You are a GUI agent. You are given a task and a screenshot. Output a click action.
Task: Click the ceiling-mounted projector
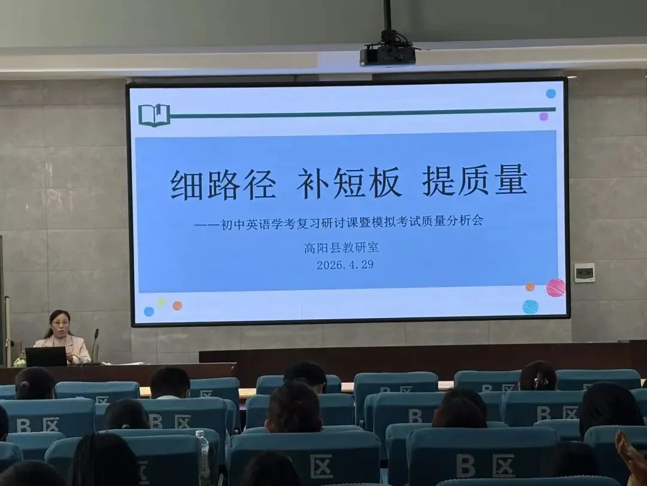[x=388, y=55]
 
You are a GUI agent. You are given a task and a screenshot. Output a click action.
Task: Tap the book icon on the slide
[x=154, y=115]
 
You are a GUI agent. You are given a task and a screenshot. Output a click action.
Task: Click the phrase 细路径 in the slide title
[x=223, y=184]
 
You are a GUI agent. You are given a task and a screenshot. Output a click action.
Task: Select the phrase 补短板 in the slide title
[x=349, y=182]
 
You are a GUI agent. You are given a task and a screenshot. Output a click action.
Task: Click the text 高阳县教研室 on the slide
[x=341, y=247]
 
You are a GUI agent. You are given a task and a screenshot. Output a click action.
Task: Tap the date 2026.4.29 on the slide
[x=345, y=265]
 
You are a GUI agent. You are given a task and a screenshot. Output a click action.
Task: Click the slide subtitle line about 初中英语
[x=339, y=221]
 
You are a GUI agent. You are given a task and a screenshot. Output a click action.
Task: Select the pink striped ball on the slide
[x=555, y=287]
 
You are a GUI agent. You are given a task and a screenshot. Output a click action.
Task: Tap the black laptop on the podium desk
[x=46, y=356]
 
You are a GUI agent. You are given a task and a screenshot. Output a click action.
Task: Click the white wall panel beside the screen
[x=584, y=272]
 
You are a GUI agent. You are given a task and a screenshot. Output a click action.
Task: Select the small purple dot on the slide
[x=543, y=116]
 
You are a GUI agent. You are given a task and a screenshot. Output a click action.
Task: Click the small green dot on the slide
[x=161, y=302]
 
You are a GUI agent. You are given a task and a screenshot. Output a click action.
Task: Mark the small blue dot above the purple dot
[x=551, y=94]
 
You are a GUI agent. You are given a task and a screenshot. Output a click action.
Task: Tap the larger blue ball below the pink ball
[x=530, y=307]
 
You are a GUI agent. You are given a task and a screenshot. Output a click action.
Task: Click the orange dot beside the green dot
[x=177, y=305]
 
